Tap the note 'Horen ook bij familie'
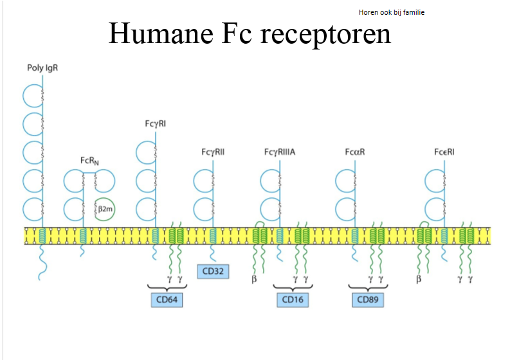[x=392, y=12]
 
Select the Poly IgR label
[x=42, y=68]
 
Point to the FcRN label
[x=89, y=160]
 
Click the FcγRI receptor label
[x=156, y=123]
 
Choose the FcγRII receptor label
[x=213, y=152]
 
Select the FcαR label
[x=355, y=152]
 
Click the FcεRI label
[x=444, y=152]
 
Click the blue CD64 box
[x=167, y=300]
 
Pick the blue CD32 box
[x=213, y=271]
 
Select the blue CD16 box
[x=293, y=300]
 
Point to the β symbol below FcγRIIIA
[x=254, y=280]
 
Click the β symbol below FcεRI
[x=419, y=280]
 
